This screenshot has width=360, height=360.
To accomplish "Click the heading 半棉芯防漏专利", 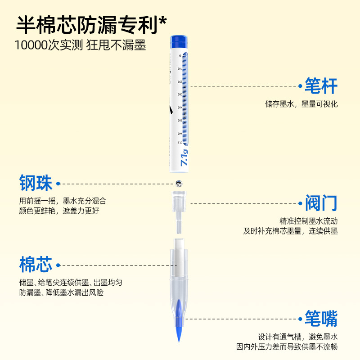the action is coord(85,23).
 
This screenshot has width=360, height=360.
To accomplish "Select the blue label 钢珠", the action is coord(36,184).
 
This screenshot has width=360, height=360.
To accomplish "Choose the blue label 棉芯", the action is coord(36,265).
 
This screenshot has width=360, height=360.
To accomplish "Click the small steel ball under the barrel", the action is coord(179,183).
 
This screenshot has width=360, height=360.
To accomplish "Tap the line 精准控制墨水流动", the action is coord(308,221).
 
